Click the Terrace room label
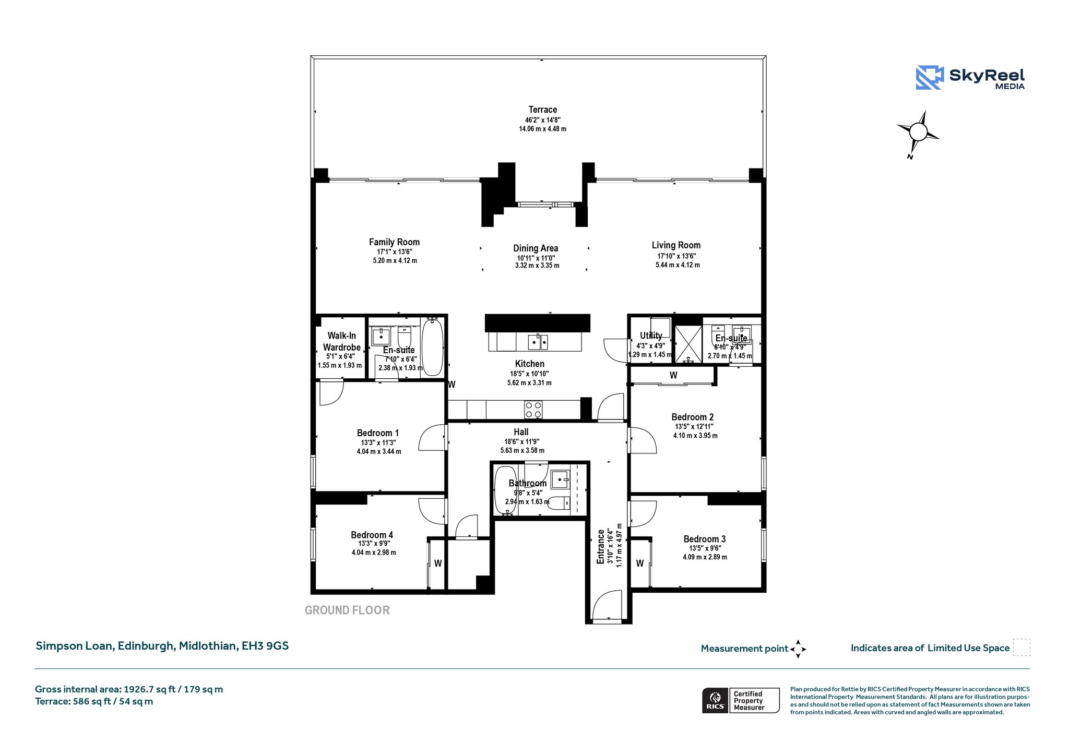(x=542, y=110)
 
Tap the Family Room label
(x=394, y=242)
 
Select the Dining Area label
(x=536, y=248)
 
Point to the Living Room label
(x=676, y=245)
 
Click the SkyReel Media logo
(x=970, y=78)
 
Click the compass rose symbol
(x=918, y=133)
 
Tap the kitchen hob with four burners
(x=533, y=410)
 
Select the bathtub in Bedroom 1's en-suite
(x=432, y=347)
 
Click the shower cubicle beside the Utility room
(x=688, y=344)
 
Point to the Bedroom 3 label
(x=705, y=539)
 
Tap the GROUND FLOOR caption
(x=347, y=610)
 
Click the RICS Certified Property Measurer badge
(x=741, y=700)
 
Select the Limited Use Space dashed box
(x=1022, y=647)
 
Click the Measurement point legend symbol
(x=798, y=649)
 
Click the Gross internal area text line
(x=129, y=689)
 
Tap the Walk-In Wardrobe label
(x=341, y=341)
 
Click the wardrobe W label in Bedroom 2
(x=673, y=375)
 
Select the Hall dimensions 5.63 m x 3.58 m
(x=522, y=450)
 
